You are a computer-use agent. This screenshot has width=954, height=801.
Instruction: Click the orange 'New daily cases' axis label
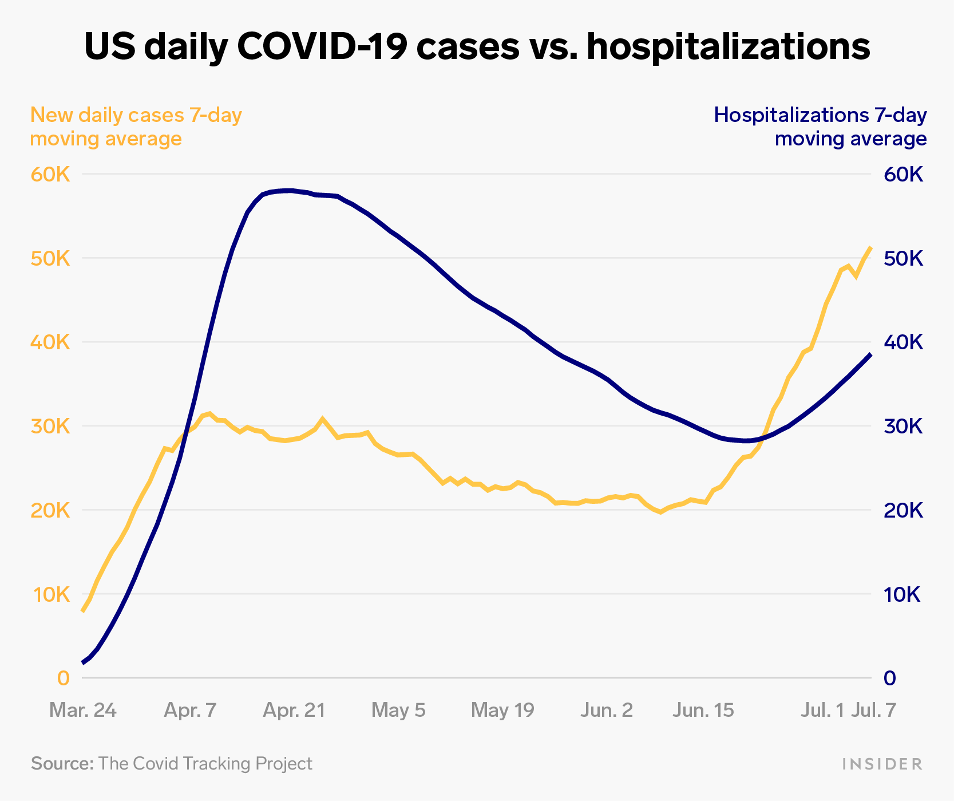point(136,127)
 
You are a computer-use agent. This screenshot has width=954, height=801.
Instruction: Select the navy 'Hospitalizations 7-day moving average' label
point(820,127)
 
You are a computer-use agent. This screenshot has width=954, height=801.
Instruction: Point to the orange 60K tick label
point(50,175)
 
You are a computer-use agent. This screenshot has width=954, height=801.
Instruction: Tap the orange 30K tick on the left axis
point(50,427)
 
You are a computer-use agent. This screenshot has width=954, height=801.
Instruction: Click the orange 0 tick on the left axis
point(63,678)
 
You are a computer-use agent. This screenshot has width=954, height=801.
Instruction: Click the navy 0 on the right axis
point(890,678)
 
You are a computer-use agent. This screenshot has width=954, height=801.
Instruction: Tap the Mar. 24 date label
point(83,711)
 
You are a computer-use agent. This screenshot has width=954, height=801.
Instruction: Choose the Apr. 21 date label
point(294,711)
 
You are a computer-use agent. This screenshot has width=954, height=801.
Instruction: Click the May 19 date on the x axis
point(502,711)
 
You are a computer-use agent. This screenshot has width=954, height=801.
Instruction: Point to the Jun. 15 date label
point(703,711)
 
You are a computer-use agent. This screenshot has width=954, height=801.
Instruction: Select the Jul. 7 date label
point(873,711)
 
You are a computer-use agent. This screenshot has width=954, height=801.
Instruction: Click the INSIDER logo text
point(882,764)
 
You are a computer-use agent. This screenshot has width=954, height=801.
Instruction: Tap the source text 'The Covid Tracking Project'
point(205,764)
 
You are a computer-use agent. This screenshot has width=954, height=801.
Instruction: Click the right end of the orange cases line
point(870,248)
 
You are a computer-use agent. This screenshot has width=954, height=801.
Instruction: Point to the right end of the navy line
point(870,355)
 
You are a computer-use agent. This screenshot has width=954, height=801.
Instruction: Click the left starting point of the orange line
point(84,611)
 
